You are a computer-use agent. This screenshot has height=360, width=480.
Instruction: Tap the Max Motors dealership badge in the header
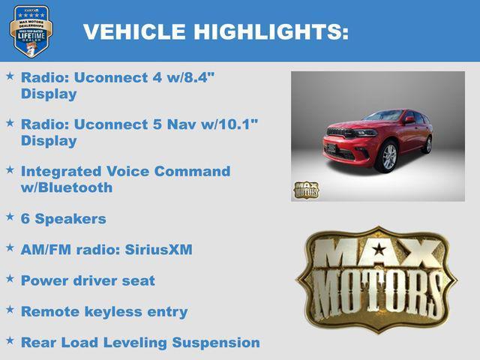pos(31,31)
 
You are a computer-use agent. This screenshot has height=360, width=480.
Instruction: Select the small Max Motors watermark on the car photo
pos(306,190)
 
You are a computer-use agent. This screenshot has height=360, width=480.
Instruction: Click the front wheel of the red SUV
pos(388,157)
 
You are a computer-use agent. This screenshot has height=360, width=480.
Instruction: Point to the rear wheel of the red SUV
pos(427,144)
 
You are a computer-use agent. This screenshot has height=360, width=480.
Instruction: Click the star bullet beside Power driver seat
pos(10,278)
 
